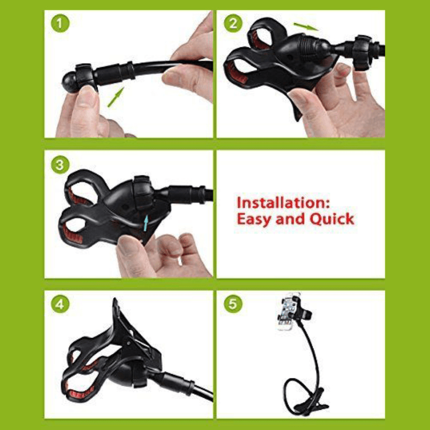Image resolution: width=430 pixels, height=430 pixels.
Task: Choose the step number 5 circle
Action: pyautogui.click(x=233, y=304)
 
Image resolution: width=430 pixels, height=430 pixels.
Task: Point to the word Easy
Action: pyautogui.click(x=255, y=219)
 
